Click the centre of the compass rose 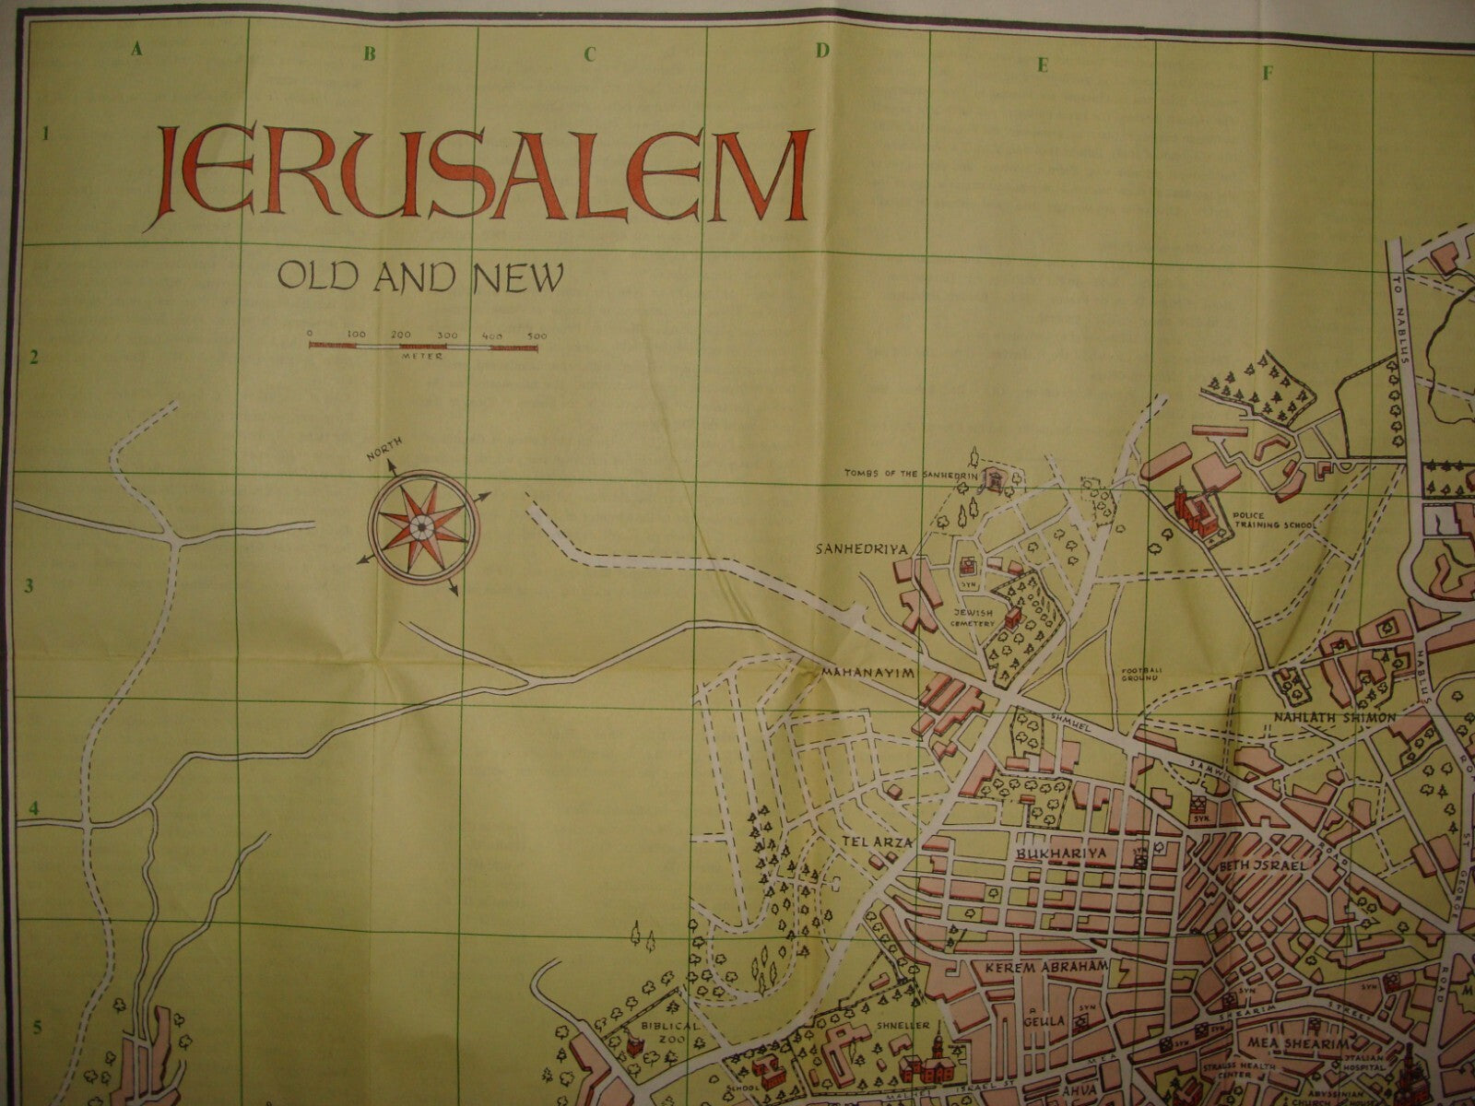pos(419,525)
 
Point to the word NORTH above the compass pos(385,453)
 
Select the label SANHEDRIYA pos(862,549)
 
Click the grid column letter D pos(820,51)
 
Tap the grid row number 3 pos(42,585)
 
